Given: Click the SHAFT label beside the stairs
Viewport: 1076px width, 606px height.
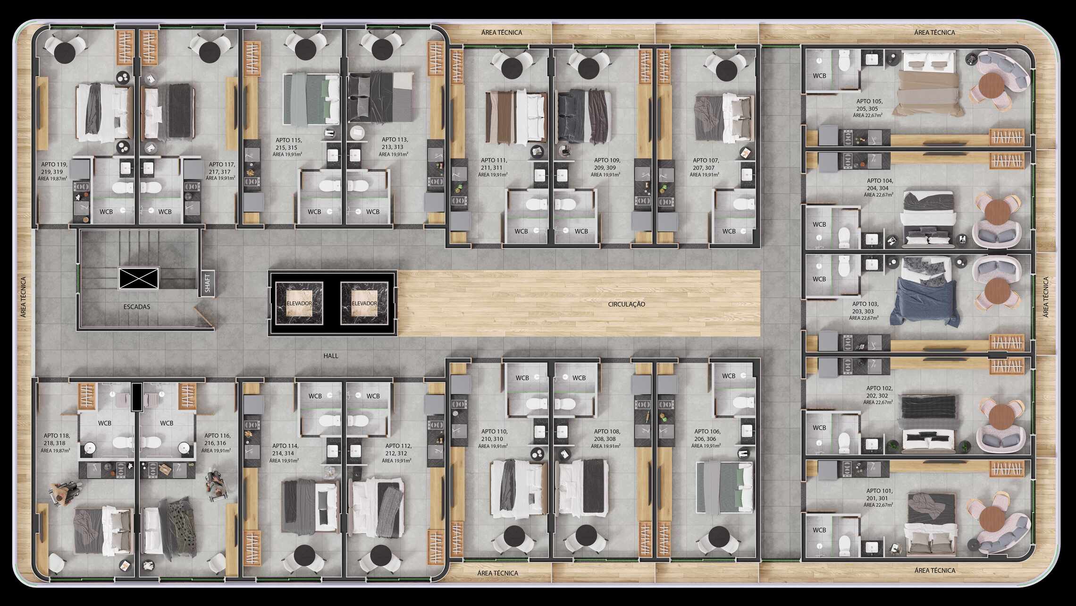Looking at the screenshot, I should (207, 283).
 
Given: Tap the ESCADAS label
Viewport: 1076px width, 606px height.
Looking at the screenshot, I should (137, 307).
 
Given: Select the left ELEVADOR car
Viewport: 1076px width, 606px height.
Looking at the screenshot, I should (299, 303).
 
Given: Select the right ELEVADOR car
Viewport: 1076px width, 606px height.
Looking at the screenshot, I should (364, 303).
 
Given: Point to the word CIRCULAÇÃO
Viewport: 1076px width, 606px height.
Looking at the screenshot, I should (626, 304).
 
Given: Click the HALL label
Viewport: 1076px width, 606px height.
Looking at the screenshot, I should (331, 356).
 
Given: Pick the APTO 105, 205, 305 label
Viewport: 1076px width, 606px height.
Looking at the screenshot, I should (869, 105).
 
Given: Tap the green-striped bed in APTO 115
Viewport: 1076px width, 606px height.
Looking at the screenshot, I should (311, 99).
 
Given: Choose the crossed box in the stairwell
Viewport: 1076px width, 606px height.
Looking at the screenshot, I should (139, 278).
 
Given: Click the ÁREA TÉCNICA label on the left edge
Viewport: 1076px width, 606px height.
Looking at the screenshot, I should (24, 297).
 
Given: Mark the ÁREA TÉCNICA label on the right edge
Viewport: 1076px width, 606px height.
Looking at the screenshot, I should (1046, 297).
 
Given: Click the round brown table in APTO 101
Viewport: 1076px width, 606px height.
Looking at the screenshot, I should (992, 519).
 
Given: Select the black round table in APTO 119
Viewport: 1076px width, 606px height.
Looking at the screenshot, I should (64, 51).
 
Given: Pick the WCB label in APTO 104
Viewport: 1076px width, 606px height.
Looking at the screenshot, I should (819, 224).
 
